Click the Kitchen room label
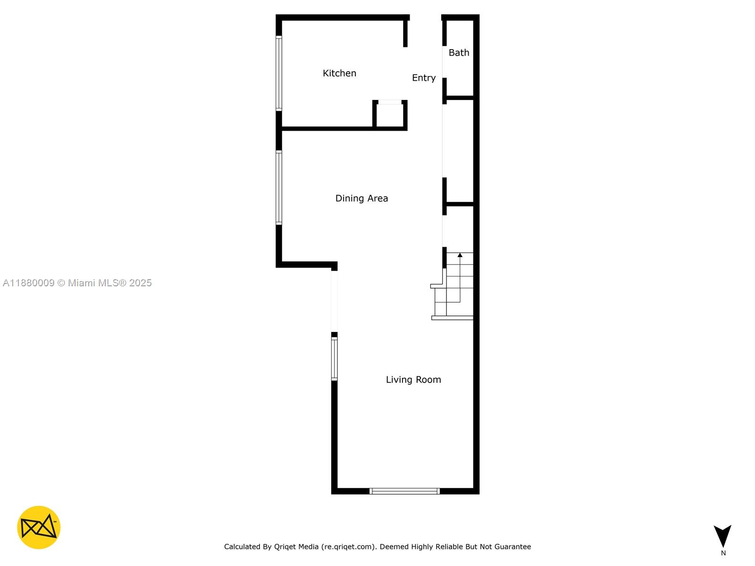pos(339,73)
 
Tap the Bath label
pos(459,52)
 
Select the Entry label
pos(423,78)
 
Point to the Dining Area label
pos(361,198)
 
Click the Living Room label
pos(413,380)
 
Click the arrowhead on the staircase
pos(460,255)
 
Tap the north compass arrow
pos(722,535)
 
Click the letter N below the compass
pos(723,553)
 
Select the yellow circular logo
pos(39,527)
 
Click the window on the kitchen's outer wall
pos(279,73)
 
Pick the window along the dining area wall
pos(279,187)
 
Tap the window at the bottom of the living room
pos(404,491)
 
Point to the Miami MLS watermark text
pos(110,283)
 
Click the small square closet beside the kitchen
pos(390,115)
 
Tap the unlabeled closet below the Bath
pos(459,151)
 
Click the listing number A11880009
pos(29,283)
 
